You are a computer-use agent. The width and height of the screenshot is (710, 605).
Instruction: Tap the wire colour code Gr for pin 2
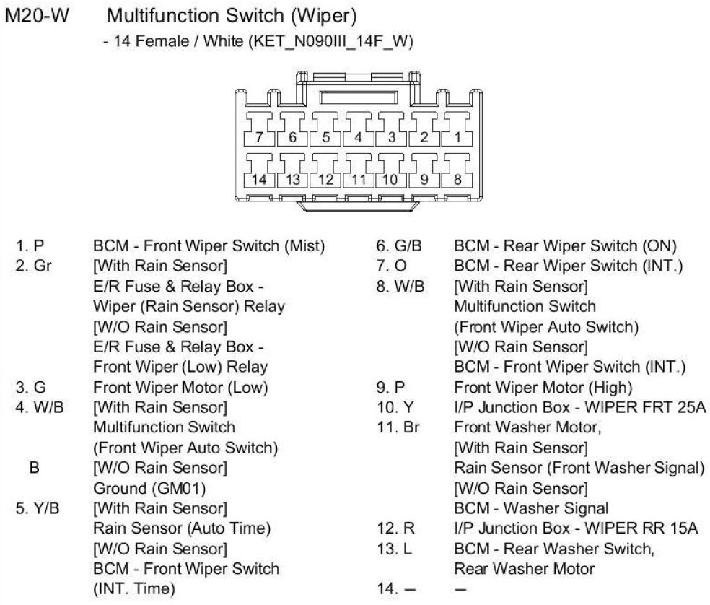(43, 266)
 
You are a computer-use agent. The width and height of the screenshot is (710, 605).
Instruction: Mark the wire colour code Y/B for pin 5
(48, 508)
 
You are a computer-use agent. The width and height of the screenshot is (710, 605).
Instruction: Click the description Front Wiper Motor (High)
(543, 387)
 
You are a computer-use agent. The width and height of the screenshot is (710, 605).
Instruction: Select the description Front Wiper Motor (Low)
(180, 387)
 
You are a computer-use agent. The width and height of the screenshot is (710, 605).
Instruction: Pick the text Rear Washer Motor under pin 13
(524, 569)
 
